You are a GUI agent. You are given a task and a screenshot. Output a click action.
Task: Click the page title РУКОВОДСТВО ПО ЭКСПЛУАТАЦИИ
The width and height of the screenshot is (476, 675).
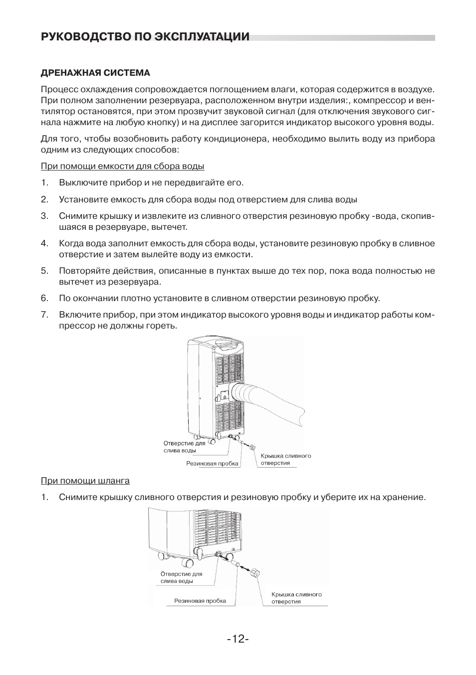point(145,37)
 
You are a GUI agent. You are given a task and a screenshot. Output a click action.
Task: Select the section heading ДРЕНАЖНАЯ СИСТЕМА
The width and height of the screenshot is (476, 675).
point(95,73)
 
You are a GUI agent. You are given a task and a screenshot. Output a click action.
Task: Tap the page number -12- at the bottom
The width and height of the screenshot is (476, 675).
point(238,639)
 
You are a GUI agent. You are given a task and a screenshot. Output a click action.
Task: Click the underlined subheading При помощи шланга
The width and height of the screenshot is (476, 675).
point(85,481)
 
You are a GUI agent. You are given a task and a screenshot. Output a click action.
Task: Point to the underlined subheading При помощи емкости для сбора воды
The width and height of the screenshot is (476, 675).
point(122,166)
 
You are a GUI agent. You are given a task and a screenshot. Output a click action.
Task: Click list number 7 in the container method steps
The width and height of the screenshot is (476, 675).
point(44,315)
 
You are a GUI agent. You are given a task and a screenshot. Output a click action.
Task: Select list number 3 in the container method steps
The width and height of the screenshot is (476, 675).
point(44,216)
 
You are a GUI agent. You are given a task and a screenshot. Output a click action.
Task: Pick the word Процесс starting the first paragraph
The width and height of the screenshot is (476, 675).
point(57,89)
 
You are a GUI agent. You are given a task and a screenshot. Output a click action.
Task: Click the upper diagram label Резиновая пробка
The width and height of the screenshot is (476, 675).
point(213,463)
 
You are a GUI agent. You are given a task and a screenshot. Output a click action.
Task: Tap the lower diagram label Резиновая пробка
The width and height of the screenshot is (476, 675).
point(200,601)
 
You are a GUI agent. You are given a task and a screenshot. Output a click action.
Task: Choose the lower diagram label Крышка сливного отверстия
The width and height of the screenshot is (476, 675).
point(296,598)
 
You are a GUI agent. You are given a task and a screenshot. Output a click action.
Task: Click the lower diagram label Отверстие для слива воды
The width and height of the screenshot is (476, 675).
point(181,577)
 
